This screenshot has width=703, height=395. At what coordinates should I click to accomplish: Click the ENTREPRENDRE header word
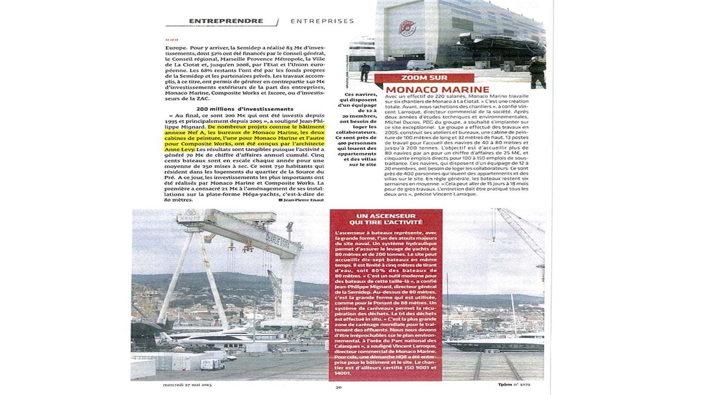pyautogui.click(x=226, y=21)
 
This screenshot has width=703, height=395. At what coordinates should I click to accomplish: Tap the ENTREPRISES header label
pyautogui.click(x=322, y=21)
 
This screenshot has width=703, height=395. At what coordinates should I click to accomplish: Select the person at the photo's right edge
pyautogui.click(x=537, y=71)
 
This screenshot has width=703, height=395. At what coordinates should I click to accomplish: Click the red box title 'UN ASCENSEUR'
pyautogui.click(x=385, y=216)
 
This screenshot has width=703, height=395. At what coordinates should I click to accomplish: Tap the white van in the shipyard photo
pyautogui.click(x=211, y=364)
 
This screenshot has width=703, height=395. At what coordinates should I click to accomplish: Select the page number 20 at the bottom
pyautogui.click(x=339, y=387)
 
